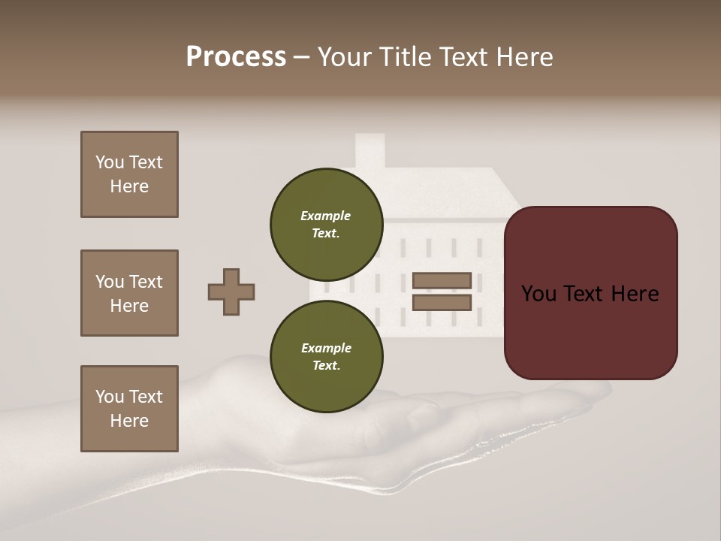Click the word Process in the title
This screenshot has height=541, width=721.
click(236, 57)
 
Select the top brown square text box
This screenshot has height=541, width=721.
click(129, 174)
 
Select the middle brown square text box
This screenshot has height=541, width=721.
click(129, 293)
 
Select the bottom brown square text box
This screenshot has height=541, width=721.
click(129, 409)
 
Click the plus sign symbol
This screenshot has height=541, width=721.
click(231, 292)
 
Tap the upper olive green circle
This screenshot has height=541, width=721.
click(326, 224)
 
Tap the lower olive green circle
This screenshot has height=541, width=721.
click(326, 356)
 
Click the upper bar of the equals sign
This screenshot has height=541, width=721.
click(442, 280)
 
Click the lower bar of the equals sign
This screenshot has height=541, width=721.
click(442, 303)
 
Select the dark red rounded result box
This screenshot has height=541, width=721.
click(590, 292)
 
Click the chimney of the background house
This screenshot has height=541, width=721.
click(370, 150)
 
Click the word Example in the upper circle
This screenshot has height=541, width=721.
click(325, 216)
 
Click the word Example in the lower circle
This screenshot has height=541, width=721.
click(326, 348)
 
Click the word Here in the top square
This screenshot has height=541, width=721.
click(129, 186)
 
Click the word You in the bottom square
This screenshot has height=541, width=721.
click(110, 397)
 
